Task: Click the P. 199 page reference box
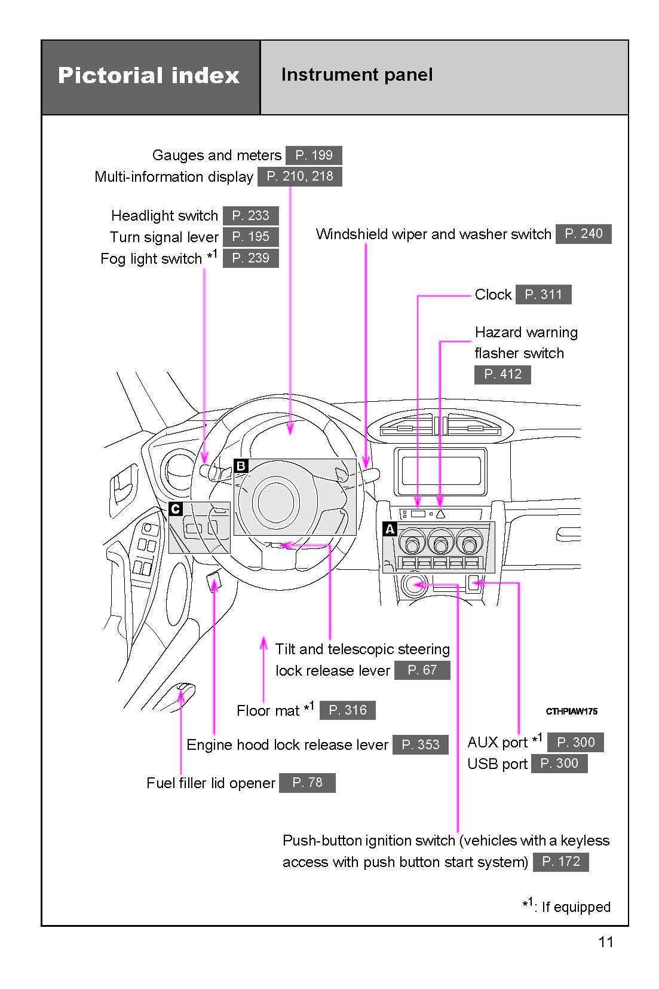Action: coord(314,155)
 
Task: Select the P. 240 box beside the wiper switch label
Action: coord(583,234)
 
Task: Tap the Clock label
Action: coord(493,295)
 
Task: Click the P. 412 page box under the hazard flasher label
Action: coord(502,374)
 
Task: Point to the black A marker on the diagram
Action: coord(390,529)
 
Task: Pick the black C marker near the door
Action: coord(176,509)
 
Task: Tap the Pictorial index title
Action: coord(149,76)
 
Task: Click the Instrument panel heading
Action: coord(357,75)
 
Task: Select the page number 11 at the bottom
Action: coord(605,942)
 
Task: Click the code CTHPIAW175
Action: coord(571,712)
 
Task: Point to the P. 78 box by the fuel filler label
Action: coord(307,783)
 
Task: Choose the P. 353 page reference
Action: coord(420,744)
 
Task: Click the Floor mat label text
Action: coord(268,711)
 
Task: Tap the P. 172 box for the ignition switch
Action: coord(560,862)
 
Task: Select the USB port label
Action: coord(497,764)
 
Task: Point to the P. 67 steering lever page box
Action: coord(422,670)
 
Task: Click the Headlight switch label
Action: coord(164,216)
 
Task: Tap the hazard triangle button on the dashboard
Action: coord(440,514)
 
